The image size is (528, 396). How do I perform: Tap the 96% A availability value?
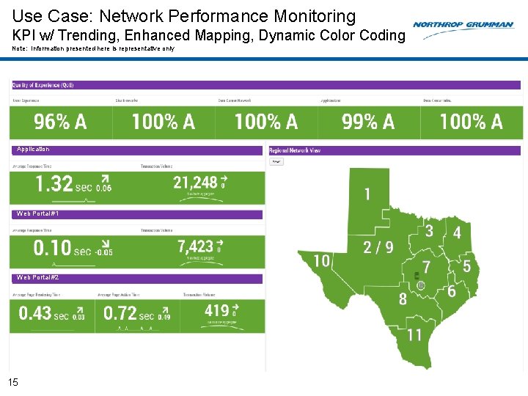60,122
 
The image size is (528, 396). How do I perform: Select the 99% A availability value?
368,122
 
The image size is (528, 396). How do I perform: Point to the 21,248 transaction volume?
196,182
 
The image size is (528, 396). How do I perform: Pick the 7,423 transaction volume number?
196,246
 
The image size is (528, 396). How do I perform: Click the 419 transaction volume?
216,311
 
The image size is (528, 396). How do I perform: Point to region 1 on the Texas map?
367,194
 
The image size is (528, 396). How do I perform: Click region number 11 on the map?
414,335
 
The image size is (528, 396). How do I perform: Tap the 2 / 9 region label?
378,248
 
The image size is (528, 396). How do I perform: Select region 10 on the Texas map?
321,260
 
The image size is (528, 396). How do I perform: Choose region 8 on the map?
403,298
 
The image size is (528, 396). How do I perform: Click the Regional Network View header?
295,150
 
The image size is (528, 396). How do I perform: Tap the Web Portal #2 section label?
38,278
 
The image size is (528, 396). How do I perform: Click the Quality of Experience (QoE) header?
43,85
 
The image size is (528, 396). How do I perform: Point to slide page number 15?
12,381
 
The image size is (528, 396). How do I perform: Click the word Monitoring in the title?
310,16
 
